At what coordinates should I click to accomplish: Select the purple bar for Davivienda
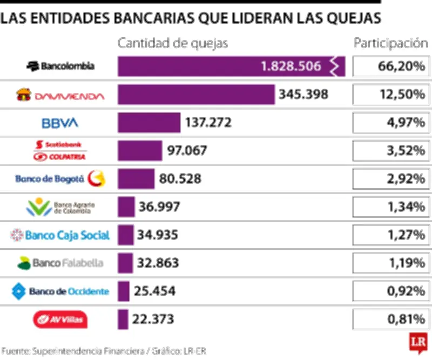197,95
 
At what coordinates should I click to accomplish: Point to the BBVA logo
60,123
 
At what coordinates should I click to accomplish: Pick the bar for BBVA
149,123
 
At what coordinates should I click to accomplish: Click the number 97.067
187,150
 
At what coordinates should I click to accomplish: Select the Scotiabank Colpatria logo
60,151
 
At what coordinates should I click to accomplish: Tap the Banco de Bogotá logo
60,178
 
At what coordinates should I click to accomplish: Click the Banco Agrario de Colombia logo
60,207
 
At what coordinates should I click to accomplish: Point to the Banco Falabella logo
60,263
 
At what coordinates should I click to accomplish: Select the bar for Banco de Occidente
124,291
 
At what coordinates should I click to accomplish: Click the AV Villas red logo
60,319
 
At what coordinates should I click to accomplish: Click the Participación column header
387,44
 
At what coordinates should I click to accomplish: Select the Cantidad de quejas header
173,44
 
